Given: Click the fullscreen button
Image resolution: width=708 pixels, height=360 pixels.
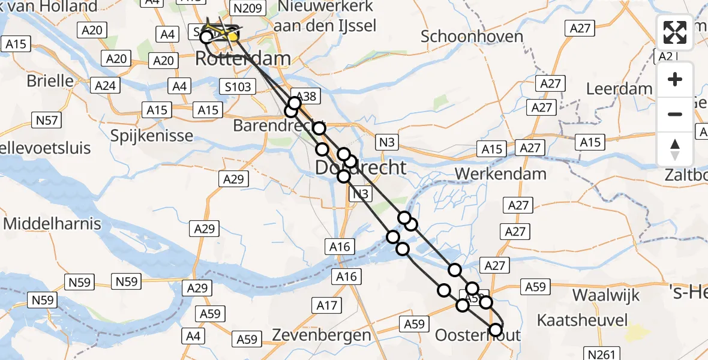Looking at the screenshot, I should point(675,32).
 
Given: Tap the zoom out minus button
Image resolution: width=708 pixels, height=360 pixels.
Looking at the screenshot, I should point(675,114).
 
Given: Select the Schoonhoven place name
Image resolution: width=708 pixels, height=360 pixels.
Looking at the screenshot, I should point(472,37).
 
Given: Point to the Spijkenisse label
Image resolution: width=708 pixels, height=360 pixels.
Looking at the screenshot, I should point(152,135).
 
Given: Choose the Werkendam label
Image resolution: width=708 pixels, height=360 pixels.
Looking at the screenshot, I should point(501,174).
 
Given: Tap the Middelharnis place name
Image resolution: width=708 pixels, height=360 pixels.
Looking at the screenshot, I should point(52,224).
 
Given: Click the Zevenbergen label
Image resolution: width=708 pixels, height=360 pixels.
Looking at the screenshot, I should point(322,335).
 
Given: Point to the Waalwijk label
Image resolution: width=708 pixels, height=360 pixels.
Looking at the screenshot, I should point(606,295).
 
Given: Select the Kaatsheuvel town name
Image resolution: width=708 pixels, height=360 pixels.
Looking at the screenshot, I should point(582,319).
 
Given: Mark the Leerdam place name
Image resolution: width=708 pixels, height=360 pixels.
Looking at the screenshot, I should point(619,89).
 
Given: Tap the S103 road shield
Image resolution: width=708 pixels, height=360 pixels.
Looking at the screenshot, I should point(238,86).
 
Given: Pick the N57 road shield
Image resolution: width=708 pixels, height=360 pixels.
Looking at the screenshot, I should point(47,120).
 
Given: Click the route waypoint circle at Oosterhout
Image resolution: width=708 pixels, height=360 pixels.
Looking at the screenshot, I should point(496,329).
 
